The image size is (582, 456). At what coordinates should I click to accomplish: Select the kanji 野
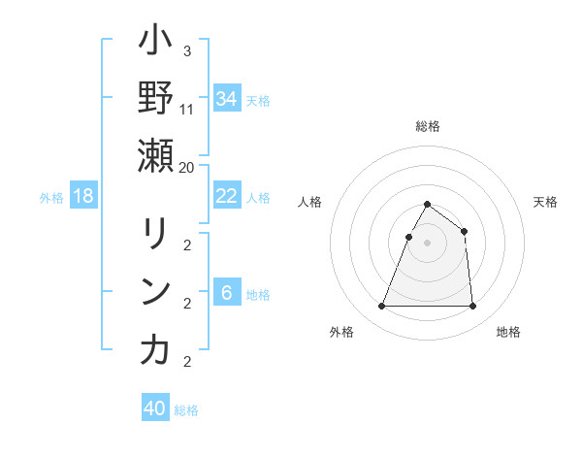(155, 99)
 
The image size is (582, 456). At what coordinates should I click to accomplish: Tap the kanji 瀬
(155, 156)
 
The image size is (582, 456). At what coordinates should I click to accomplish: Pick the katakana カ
(155, 350)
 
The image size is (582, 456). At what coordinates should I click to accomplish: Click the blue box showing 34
(227, 99)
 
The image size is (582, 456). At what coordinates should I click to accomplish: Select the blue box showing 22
(227, 196)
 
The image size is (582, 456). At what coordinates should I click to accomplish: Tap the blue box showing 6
(227, 293)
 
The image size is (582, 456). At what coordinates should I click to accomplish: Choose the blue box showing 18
(83, 196)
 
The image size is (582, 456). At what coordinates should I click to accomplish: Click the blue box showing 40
(155, 408)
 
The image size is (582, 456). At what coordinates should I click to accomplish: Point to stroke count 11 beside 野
(187, 109)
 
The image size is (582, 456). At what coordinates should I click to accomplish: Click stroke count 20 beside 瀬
(187, 166)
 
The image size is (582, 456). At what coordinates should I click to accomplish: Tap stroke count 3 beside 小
(187, 51)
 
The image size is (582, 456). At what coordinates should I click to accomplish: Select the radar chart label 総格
(427, 126)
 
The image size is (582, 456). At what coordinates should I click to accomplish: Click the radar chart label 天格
(545, 202)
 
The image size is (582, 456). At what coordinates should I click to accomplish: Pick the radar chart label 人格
(310, 202)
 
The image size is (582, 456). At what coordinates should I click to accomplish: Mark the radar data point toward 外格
(382, 307)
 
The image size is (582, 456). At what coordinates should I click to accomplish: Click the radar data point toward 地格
(472, 307)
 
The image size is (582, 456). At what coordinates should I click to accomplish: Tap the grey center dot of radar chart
(427, 243)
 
